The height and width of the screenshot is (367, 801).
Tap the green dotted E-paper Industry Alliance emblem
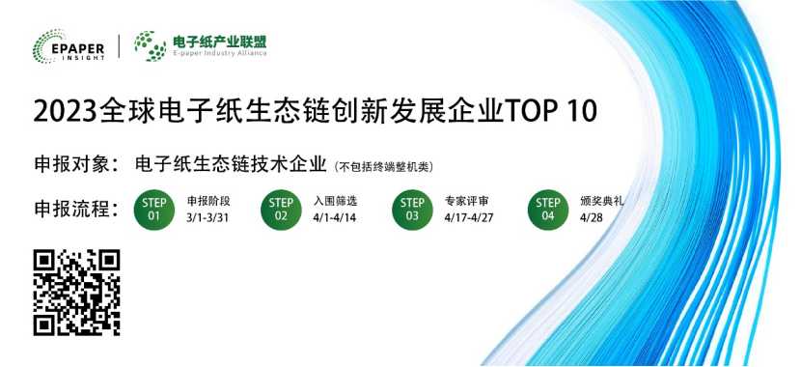149,45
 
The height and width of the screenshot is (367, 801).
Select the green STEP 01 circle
154,210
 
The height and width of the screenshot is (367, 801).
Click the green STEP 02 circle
281,210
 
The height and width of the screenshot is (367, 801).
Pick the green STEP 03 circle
412,210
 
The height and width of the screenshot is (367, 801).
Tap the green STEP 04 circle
548,210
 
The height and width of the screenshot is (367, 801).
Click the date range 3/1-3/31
208,218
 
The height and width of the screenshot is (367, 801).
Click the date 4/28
592,218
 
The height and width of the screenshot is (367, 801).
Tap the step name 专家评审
467,202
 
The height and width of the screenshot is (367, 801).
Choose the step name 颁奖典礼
603,202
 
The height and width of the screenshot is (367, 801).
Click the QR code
76,293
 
